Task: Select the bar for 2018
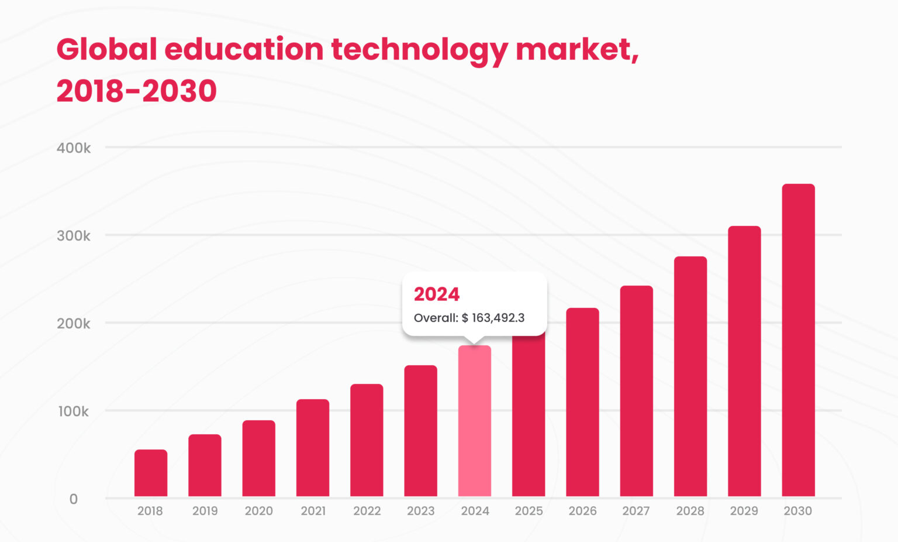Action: click(x=151, y=473)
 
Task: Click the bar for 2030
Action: click(x=798, y=340)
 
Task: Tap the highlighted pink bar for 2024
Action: click(x=475, y=421)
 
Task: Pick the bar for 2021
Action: click(x=313, y=448)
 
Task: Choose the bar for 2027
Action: click(x=636, y=391)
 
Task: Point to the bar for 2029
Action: click(x=744, y=361)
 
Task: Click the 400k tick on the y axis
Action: click(x=74, y=148)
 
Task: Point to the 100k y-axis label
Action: click(x=74, y=411)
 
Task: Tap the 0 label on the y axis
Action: click(x=74, y=499)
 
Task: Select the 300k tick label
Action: click(x=74, y=236)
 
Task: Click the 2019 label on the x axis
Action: click(x=205, y=511)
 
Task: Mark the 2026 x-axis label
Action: click(x=582, y=511)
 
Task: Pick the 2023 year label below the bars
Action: click(x=421, y=511)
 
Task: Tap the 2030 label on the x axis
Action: click(x=797, y=511)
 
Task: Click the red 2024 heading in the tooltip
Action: click(x=437, y=294)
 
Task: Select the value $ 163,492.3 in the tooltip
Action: click(x=493, y=318)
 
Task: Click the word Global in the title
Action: click(x=106, y=49)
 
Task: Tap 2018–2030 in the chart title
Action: click(x=136, y=91)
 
